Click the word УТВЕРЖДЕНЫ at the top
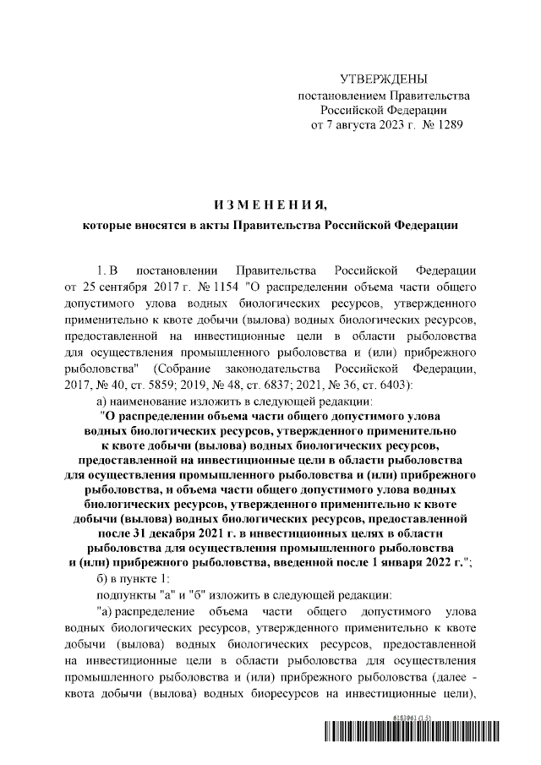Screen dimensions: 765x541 pyautogui.click(x=384, y=79)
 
